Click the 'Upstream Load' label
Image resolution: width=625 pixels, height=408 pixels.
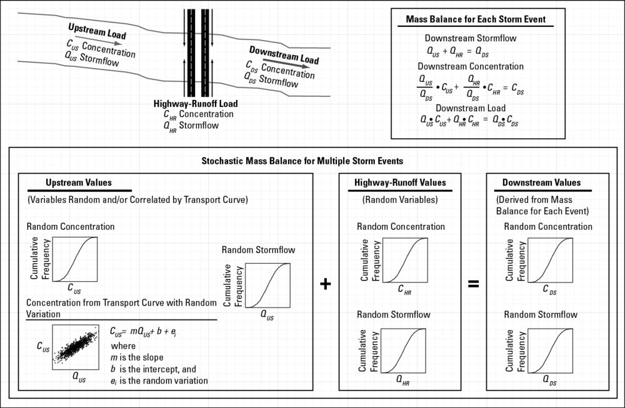(x=97, y=32)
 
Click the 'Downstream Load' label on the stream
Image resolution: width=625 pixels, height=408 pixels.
(x=284, y=55)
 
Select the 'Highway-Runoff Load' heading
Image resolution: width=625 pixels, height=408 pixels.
(x=196, y=104)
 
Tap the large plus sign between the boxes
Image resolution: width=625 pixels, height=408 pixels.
(x=325, y=284)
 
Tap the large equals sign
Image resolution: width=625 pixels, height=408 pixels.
(x=474, y=284)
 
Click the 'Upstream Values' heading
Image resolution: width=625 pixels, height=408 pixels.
(x=79, y=183)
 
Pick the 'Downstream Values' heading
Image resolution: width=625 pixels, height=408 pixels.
(x=541, y=183)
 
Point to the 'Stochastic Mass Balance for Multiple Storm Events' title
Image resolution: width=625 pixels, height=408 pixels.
(x=302, y=161)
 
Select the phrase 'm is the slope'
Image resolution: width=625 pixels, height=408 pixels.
(x=137, y=357)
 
